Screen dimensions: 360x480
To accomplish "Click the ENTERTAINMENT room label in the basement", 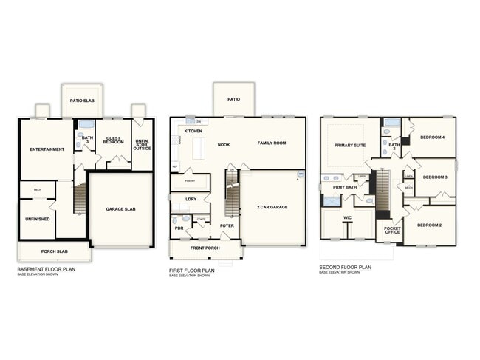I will (x=47, y=149).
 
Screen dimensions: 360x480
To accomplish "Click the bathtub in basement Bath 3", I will (x=86, y=124).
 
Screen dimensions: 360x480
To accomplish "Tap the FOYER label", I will (x=227, y=225).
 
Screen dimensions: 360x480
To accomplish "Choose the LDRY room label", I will (x=191, y=199).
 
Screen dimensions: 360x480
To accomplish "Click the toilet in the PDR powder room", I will (x=176, y=220).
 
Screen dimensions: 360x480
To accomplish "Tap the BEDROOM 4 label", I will (x=433, y=137).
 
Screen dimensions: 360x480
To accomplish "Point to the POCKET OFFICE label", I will (x=392, y=230).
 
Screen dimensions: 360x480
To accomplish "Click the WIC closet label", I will (x=347, y=218).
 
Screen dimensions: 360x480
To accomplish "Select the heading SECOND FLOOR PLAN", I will (x=345, y=266).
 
